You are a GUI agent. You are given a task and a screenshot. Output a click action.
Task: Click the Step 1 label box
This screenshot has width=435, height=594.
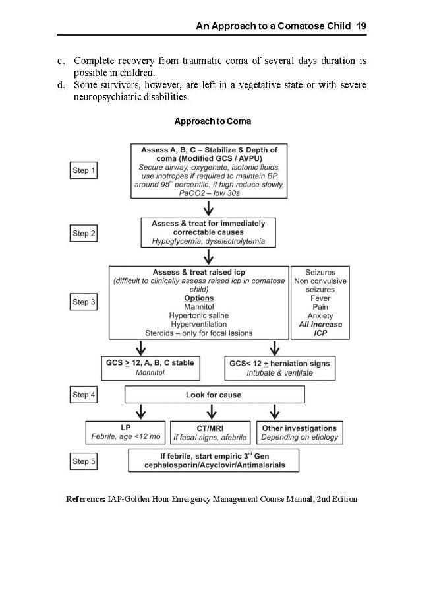(x=84, y=171)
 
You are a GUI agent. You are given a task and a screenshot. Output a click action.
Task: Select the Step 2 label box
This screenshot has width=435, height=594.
(x=84, y=233)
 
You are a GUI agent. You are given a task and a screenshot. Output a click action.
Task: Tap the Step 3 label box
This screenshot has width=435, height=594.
(x=84, y=302)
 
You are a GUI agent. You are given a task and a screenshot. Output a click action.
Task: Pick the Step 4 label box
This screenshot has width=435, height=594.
(x=84, y=395)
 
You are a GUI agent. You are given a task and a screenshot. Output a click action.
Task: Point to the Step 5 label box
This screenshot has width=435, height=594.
(x=84, y=461)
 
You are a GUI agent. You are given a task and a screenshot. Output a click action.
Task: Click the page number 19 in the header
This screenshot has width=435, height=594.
(x=361, y=26)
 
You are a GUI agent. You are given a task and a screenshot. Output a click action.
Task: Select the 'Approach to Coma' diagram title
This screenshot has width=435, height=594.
(x=212, y=121)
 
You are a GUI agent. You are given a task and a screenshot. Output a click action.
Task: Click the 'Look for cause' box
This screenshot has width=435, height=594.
(x=214, y=395)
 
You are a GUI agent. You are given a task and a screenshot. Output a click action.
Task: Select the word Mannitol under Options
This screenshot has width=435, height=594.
(x=198, y=307)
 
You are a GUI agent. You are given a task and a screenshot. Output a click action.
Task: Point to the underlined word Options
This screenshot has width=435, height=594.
(x=198, y=298)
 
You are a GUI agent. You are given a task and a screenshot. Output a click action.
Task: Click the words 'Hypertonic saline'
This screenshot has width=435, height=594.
(x=198, y=315)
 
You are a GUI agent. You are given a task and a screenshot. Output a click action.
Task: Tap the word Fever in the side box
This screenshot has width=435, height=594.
(x=320, y=298)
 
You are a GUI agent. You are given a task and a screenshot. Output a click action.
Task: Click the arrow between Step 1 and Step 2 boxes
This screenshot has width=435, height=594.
(x=209, y=208)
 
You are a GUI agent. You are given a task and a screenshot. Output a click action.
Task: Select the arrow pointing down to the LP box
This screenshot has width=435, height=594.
(x=140, y=411)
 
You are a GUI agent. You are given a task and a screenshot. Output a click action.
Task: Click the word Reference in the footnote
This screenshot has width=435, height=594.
(x=86, y=499)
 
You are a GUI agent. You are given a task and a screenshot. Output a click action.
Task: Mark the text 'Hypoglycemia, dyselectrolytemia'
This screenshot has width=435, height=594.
(x=208, y=242)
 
